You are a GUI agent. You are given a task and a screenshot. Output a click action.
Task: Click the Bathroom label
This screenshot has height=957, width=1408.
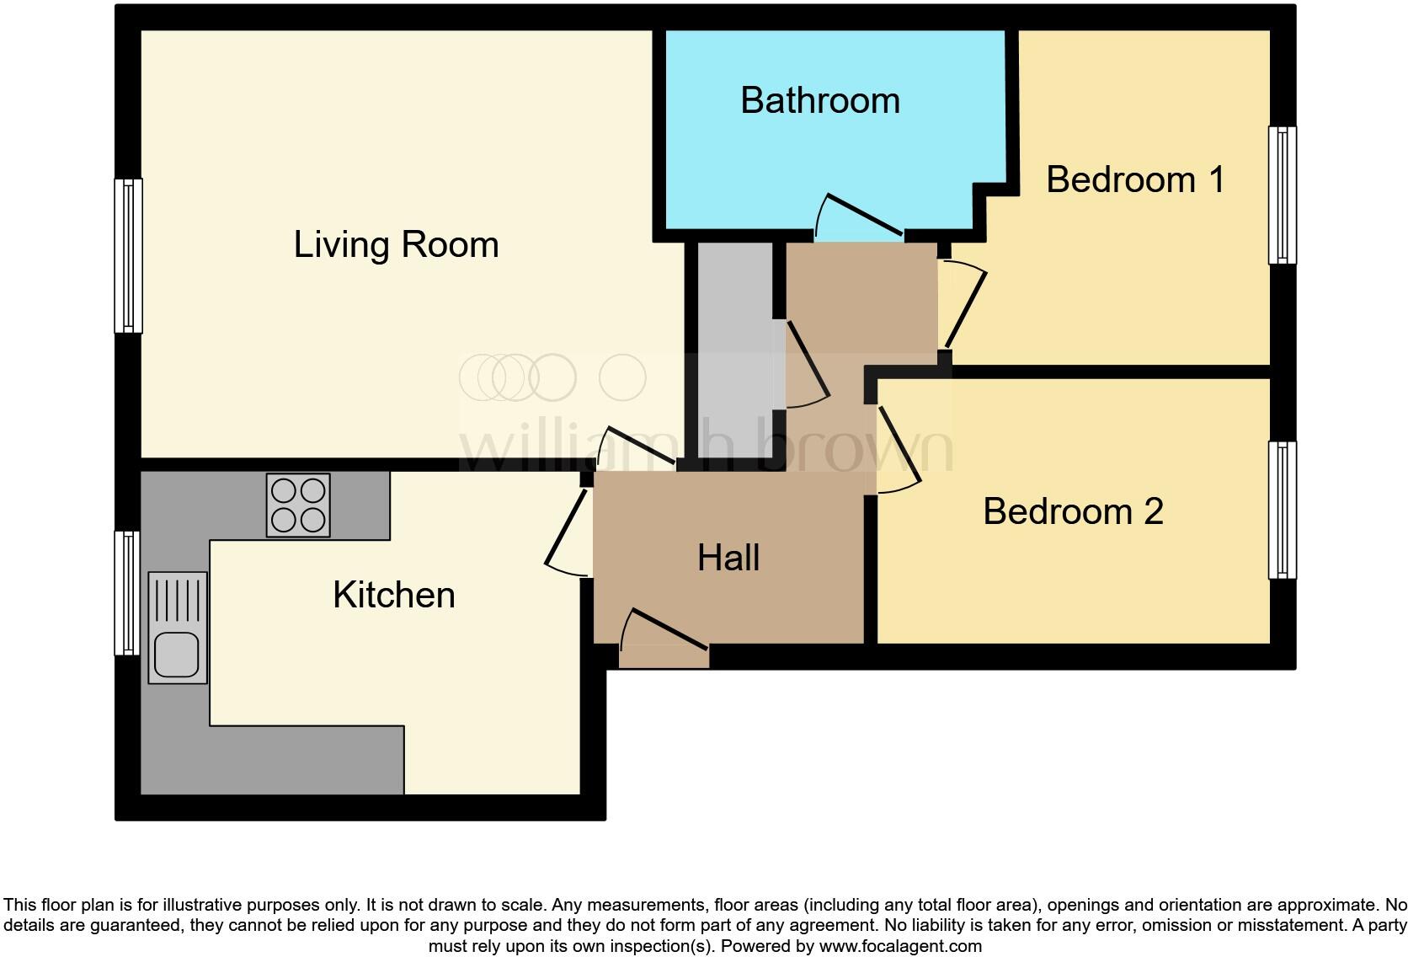click(x=820, y=100)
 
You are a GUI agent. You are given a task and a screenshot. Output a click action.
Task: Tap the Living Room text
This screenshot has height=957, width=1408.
click(x=396, y=244)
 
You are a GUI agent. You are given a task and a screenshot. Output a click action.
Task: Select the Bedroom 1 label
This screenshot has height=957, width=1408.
click(x=1134, y=179)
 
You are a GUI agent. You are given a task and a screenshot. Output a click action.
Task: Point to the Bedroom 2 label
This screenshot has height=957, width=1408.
click(x=1073, y=511)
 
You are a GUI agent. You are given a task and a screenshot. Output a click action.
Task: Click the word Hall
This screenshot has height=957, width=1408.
click(x=728, y=558)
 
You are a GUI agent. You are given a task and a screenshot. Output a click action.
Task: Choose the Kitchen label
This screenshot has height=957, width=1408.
click(x=393, y=595)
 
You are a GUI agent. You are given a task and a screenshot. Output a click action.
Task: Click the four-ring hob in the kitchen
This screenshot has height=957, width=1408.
click(x=298, y=505)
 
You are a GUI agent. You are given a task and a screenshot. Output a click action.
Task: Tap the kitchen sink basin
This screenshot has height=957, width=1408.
click(x=177, y=655)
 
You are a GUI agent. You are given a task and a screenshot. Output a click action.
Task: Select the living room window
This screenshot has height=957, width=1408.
click(x=128, y=255)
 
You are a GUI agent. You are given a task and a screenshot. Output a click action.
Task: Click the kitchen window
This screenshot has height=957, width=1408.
click(x=127, y=592)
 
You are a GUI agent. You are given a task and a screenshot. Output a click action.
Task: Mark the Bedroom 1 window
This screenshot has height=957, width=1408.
click(x=1282, y=195)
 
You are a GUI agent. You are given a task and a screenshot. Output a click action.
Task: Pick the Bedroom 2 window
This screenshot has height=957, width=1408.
click(x=1282, y=510)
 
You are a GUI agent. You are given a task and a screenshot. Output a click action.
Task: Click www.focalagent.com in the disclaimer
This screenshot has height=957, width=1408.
click(x=899, y=946)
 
